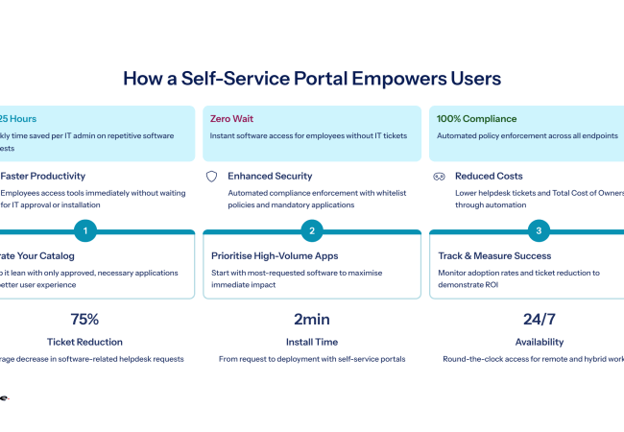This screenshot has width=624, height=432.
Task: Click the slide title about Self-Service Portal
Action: click(x=312, y=79)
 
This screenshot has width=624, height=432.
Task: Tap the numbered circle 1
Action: click(x=85, y=230)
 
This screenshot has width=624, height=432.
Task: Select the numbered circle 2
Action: click(x=312, y=230)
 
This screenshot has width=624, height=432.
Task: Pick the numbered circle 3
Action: click(x=539, y=230)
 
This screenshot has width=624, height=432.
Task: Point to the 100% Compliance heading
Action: click(x=476, y=119)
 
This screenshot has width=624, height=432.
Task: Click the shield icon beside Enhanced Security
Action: click(x=212, y=177)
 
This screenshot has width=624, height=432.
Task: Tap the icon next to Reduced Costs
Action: click(x=439, y=177)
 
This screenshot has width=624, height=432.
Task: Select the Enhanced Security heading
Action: click(x=270, y=177)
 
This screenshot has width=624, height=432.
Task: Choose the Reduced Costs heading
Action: click(x=490, y=177)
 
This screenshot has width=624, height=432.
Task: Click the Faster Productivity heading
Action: click(x=43, y=177)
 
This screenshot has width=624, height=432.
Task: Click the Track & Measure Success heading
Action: click(x=494, y=256)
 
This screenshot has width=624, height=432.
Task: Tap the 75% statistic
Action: click(x=85, y=320)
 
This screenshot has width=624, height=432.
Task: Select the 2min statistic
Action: click(x=312, y=320)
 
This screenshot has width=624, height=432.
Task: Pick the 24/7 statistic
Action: click(x=539, y=320)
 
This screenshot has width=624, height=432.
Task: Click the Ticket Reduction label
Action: click(x=85, y=342)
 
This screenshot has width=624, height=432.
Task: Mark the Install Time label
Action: click(x=312, y=342)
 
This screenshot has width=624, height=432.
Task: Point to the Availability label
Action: click(x=539, y=342)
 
